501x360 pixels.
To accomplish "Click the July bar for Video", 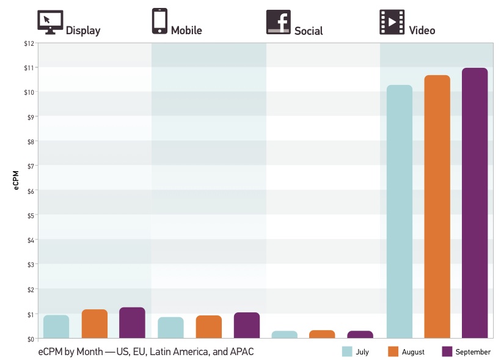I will pos(400,211).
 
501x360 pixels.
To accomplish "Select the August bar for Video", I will pos(437,206).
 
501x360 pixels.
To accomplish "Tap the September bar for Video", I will pos(475,202).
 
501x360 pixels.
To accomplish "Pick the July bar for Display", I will pos(56,326).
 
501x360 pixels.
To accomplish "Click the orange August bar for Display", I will pos(95,323).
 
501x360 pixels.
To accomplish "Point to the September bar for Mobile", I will pos(247,325).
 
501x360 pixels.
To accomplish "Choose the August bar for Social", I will pos(323,334).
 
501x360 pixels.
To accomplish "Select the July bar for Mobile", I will pos(170,327).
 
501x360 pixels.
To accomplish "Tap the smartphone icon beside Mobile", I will pos(159,21).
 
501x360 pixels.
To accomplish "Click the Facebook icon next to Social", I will pos(278,22).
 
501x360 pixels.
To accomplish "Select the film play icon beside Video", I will pos(391,22).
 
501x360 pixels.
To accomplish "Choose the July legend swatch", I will pos(347,351).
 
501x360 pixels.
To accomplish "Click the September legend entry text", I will pos(473,352).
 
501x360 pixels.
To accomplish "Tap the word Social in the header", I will pos(309,31).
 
